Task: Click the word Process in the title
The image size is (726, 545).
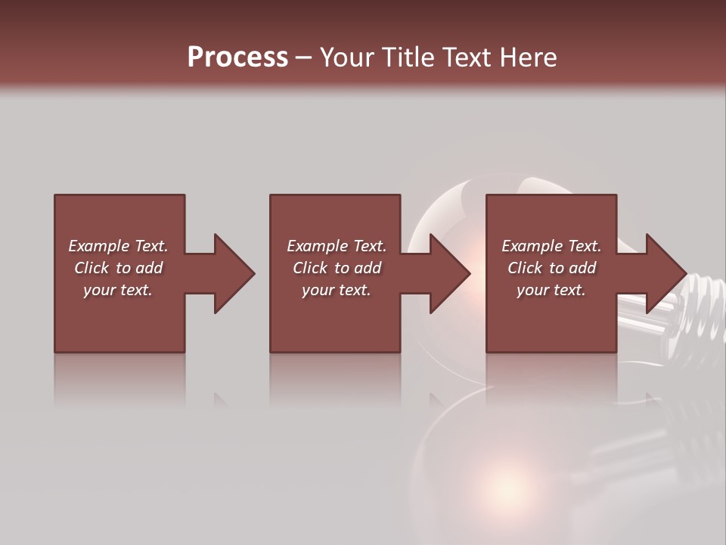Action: [237, 58]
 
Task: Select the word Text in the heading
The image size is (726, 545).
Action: [465, 58]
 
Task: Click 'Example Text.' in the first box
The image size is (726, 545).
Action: [118, 246]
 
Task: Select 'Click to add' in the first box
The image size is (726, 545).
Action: [118, 268]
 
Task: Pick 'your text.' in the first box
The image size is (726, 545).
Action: [118, 290]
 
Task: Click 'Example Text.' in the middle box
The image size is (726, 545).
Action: [337, 246]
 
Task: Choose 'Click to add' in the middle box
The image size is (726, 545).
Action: [337, 268]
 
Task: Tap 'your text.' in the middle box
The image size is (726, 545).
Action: [337, 290]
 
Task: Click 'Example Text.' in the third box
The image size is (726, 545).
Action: [551, 246]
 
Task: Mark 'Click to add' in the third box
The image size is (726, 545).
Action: [551, 268]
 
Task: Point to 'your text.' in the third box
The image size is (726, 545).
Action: [551, 290]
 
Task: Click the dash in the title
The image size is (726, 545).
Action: [303, 58]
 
